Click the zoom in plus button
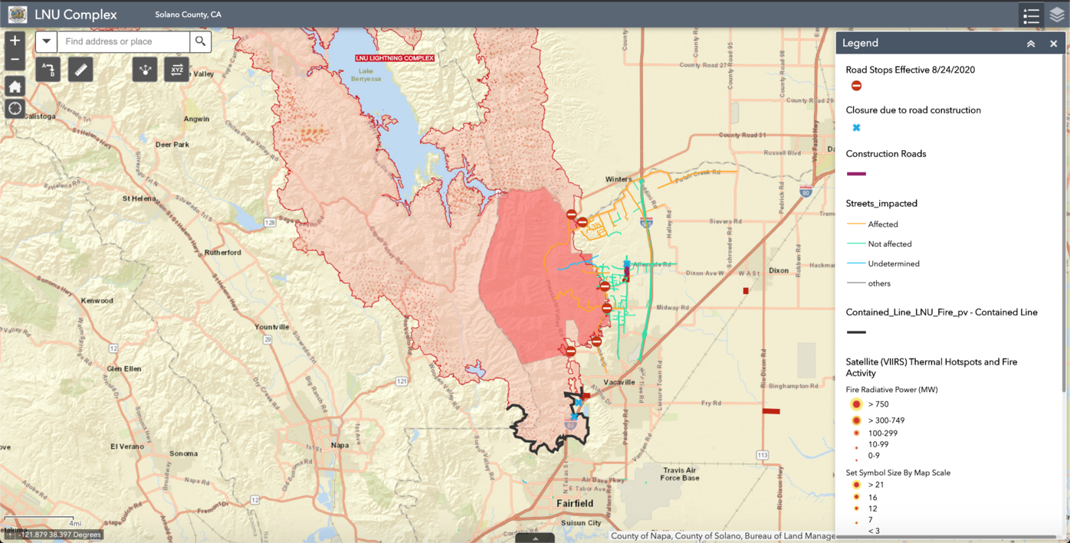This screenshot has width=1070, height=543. pyautogui.click(x=15, y=41)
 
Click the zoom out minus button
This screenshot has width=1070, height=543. pyautogui.click(x=15, y=60)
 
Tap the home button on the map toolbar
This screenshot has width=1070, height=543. pyautogui.click(x=15, y=86)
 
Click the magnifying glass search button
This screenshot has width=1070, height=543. pyautogui.click(x=200, y=41)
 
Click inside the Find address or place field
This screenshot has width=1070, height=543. pyautogui.click(x=123, y=41)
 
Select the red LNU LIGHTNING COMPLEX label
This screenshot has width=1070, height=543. pyautogui.click(x=395, y=58)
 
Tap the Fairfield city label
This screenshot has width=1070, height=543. pyautogui.click(x=575, y=503)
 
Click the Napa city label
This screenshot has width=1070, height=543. pyautogui.click(x=339, y=445)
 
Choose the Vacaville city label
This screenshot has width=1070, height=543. pyautogui.click(x=619, y=382)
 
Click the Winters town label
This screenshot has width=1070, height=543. pyautogui.click(x=619, y=180)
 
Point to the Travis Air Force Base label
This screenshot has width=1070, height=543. pyautogui.click(x=679, y=474)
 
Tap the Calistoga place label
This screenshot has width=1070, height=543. pyautogui.click(x=39, y=116)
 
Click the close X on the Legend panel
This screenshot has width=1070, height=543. pyautogui.click(x=1053, y=44)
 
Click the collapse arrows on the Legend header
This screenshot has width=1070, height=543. pyautogui.click(x=1031, y=44)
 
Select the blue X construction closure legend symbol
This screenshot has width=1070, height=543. pyautogui.click(x=856, y=128)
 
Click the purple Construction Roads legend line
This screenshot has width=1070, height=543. pyautogui.click(x=856, y=174)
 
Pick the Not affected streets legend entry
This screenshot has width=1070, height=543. pyautogui.click(x=889, y=244)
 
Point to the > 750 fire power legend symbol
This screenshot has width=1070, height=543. pyautogui.click(x=856, y=404)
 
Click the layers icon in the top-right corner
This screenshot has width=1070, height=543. pyautogui.click(x=1056, y=15)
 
